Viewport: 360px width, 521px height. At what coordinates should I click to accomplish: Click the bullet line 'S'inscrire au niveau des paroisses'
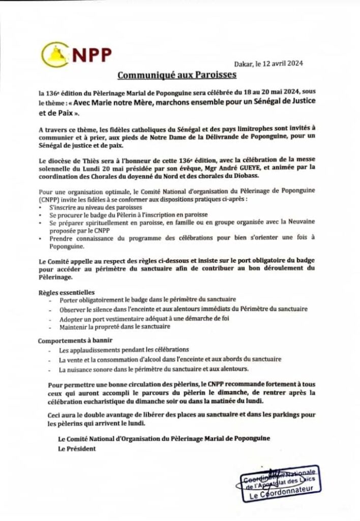click(102, 209)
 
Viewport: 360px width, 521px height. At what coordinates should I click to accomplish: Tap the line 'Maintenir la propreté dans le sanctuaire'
click(114, 328)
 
